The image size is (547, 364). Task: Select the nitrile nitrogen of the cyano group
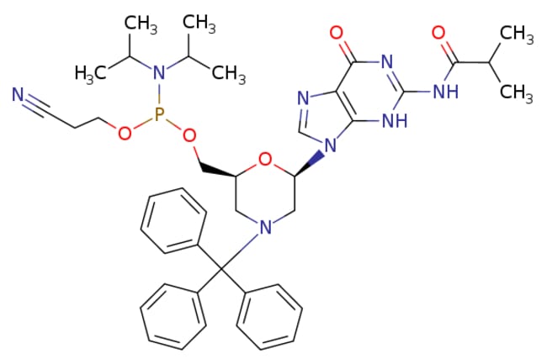click(18, 98)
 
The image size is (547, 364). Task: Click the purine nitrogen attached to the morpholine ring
click(331, 150)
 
